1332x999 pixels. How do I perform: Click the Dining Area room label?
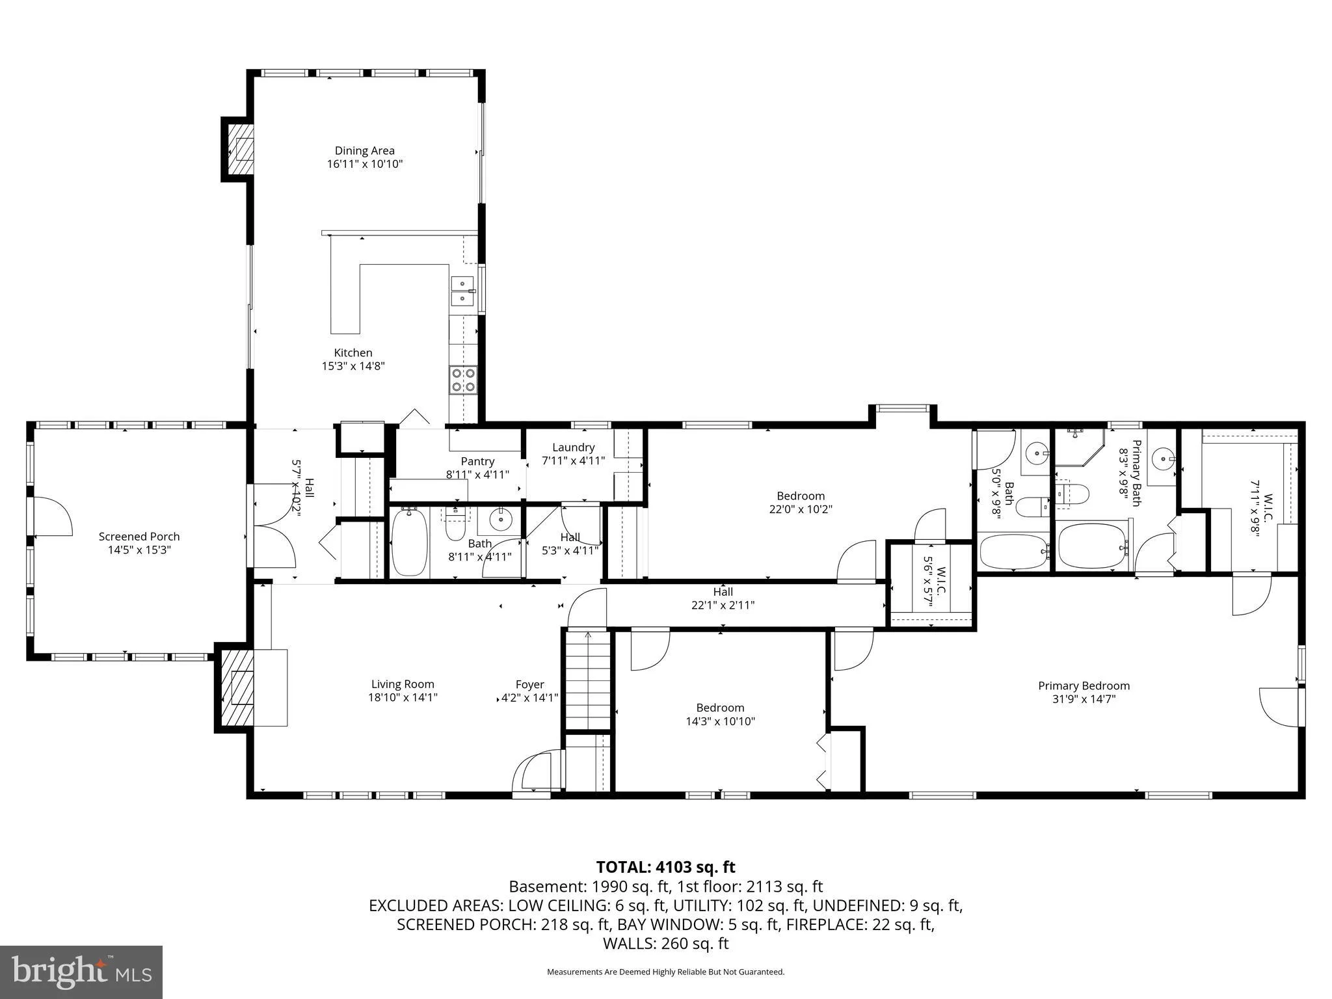[x=364, y=150]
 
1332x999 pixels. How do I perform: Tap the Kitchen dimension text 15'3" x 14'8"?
[x=353, y=366]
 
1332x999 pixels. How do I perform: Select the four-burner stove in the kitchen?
[x=462, y=380]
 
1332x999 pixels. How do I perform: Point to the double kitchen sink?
[x=462, y=291]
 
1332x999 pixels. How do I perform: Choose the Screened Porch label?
[x=139, y=537]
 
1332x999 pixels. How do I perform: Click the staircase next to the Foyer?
[x=588, y=680]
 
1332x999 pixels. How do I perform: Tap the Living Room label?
[x=403, y=684]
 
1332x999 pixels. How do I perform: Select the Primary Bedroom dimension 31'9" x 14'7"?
[x=1084, y=699]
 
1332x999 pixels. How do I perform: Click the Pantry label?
[x=477, y=462]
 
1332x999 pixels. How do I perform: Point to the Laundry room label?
[x=573, y=447]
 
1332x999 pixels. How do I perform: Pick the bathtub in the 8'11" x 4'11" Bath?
[x=408, y=542]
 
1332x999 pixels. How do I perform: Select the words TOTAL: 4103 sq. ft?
[x=665, y=867]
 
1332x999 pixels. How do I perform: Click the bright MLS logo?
[x=81, y=972]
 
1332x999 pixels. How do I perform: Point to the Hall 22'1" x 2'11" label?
[x=723, y=598]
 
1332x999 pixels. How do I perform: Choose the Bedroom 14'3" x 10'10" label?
[x=720, y=714]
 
